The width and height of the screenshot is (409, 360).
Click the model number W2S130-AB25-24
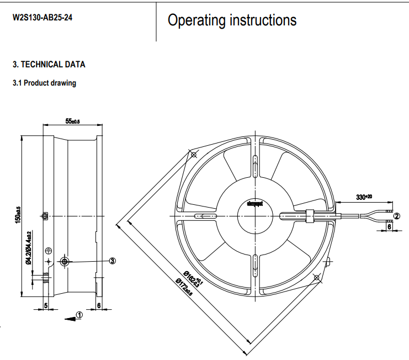click(x=43, y=18)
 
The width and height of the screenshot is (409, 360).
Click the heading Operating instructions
click(x=232, y=20)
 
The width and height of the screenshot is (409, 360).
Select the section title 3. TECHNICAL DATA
click(x=49, y=65)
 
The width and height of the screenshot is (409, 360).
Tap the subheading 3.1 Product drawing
click(x=44, y=83)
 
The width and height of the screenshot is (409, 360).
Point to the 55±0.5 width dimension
click(x=73, y=121)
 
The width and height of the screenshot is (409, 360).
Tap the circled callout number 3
click(x=112, y=261)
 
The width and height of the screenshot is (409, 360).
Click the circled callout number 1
click(x=79, y=315)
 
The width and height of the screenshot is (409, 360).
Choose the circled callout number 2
click(x=397, y=216)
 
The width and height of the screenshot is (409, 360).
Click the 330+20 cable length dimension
click(x=364, y=197)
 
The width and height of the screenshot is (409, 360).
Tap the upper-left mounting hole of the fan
click(x=193, y=155)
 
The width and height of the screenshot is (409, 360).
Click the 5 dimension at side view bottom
click(x=46, y=305)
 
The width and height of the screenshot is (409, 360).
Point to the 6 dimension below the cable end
click(x=390, y=226)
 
